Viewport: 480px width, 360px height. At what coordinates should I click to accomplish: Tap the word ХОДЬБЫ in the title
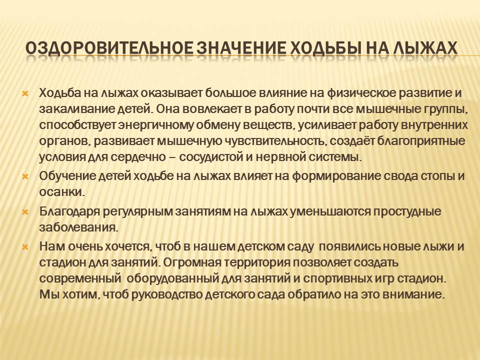click(324, 48)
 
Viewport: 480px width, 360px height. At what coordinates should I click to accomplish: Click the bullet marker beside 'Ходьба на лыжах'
click(25, 93)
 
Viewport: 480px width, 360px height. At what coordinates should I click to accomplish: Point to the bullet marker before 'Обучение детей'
click(25, 176)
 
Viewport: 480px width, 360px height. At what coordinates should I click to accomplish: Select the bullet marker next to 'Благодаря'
click(25, 212)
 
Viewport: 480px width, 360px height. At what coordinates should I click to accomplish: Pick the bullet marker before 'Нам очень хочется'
click(25, 247)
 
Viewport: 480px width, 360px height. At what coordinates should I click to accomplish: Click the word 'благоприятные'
click(420, 141)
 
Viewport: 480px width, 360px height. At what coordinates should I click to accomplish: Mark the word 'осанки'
click(61, 192)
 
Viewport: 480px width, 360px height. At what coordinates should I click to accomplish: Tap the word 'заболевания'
click(78, 228)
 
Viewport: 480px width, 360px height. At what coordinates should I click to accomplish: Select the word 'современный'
click(79, 279)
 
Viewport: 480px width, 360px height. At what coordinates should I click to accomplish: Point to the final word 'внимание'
click(417, 295)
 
